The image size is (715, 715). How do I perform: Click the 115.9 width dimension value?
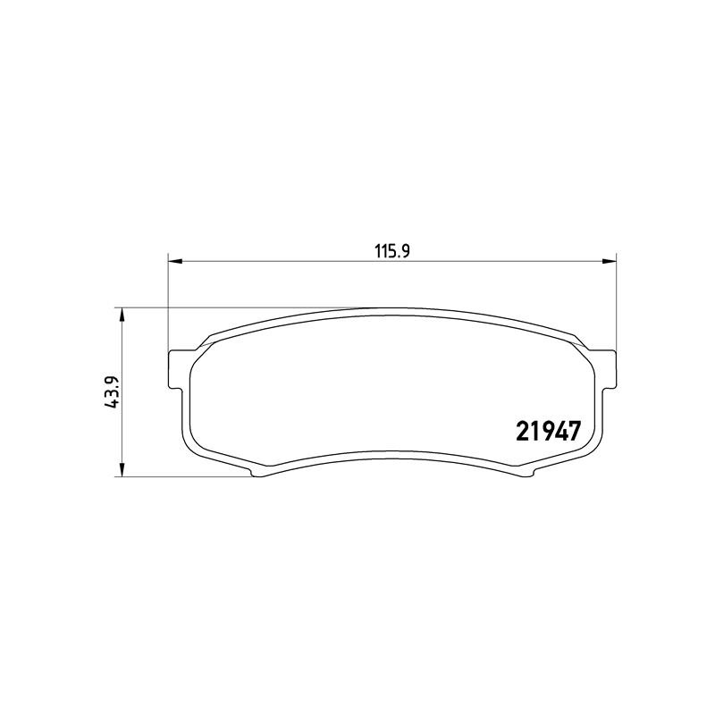pyautogui.click(x=392, y=251)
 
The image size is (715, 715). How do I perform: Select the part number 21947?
pyautogui.click(x=549, y=431)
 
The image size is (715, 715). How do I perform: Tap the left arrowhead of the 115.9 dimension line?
pyautogui.click(x=175, y=261)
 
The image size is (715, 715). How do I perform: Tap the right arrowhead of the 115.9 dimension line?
pyautogui.click(x=610, y=261)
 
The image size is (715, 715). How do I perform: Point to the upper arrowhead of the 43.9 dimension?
pyautogui.click(x=122, y=315)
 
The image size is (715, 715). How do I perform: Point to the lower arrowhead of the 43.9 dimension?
pyautogui.click(x=122, y=470)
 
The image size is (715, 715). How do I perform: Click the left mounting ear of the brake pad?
pyautogui.click(x=178, y=369)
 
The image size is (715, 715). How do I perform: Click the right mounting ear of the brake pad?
pyautogui.click(x=607, y=369)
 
